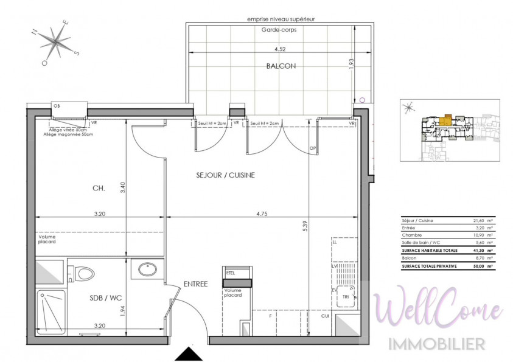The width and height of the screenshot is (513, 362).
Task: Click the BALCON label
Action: (281, 66)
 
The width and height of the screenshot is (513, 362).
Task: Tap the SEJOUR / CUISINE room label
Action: (225, 175)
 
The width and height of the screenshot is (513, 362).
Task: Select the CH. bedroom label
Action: (99, 189)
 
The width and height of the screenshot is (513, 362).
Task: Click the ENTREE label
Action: (195, 284)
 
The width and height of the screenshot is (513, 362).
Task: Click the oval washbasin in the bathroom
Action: (146, 268)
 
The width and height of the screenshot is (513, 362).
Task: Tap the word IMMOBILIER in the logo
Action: (437, 344)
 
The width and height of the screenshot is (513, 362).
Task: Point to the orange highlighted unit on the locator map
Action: (448, 119)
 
